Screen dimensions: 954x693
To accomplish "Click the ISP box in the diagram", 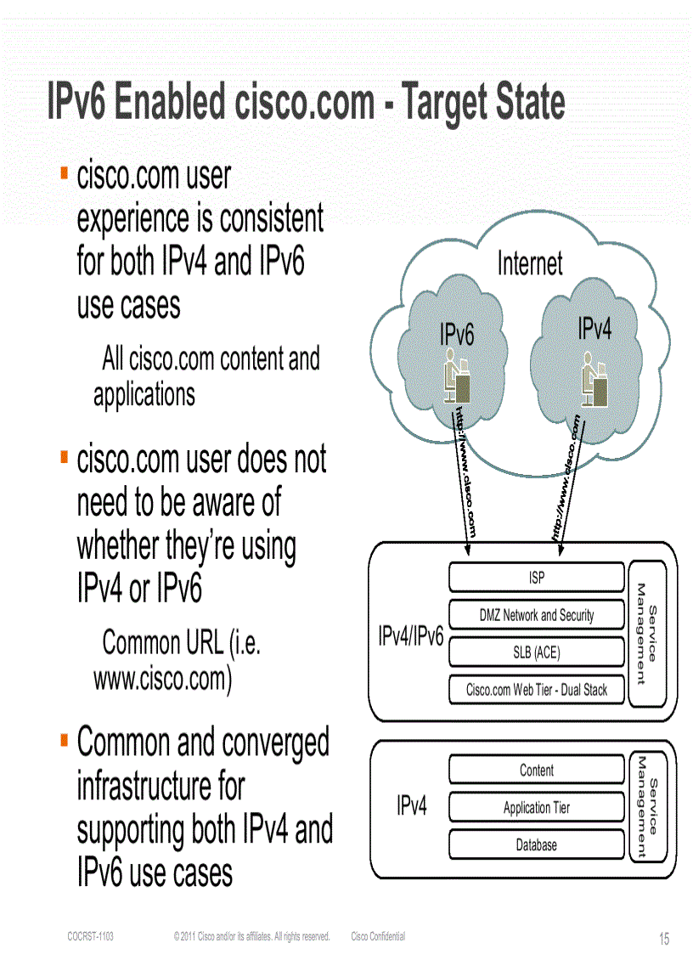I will click(536, 579).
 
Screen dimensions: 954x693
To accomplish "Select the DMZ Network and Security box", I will click(536, 616).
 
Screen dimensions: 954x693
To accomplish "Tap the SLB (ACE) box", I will click(536, 653).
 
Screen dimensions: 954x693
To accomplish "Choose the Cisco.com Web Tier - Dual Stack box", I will click(536, 690).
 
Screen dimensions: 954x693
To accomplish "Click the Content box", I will click(536, 771).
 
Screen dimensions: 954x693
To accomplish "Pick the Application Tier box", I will click(536, 808).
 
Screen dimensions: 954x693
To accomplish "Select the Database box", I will click(536, 845).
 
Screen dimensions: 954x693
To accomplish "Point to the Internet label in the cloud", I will click(529, 263).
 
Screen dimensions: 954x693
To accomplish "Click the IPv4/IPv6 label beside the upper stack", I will click(410, 636).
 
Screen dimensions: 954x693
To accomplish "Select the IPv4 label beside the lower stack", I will click(411, 806).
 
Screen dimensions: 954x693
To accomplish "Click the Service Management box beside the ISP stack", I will click(647, 633).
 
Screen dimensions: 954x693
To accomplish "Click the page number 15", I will click(664, 939).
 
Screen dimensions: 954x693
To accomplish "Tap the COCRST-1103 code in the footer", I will click(90, 937).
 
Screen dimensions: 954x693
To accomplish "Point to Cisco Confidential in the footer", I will click(378, 937).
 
